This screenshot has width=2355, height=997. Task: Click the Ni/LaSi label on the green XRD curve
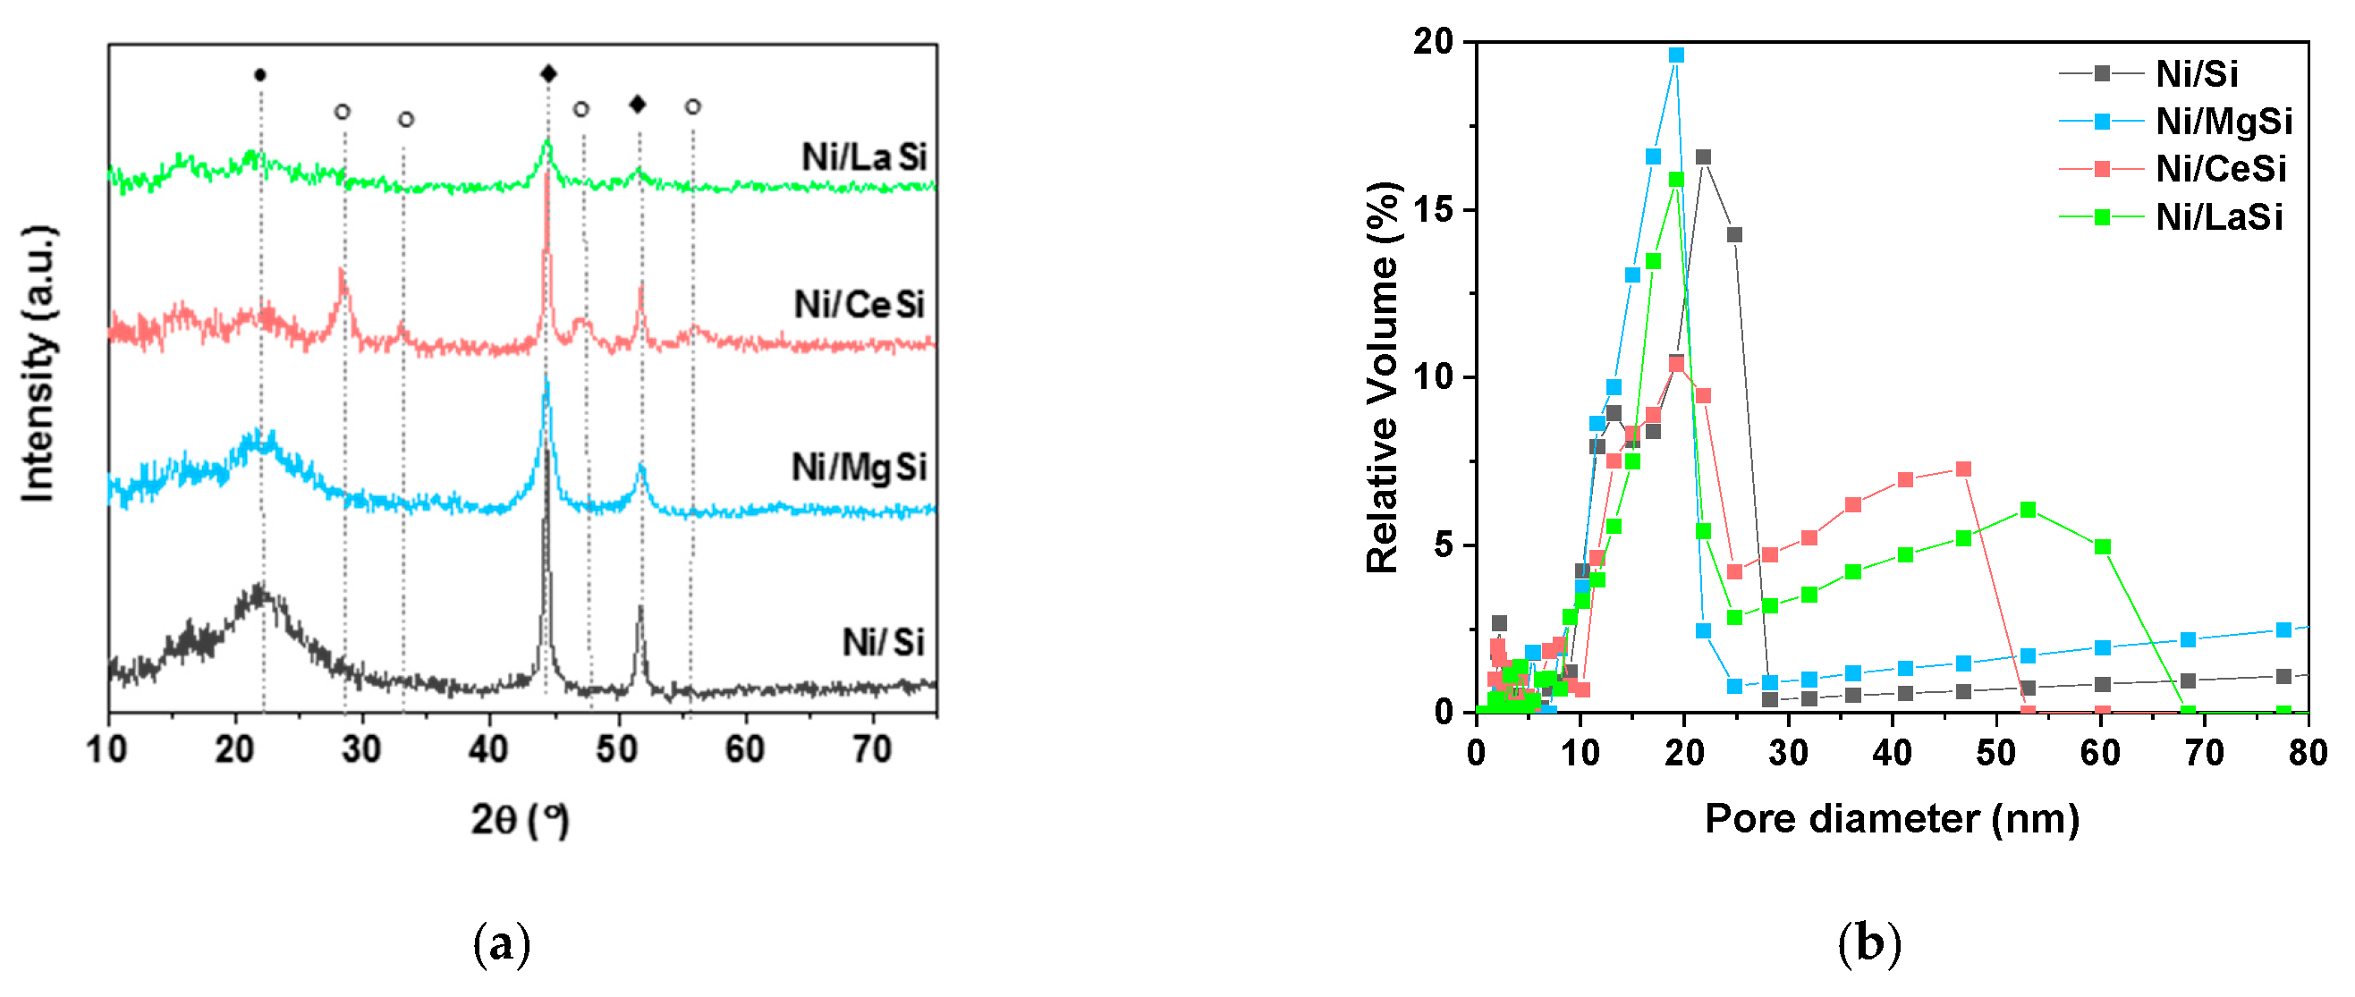click(x=864, y=157)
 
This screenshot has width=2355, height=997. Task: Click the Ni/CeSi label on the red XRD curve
click(x=860, y=304)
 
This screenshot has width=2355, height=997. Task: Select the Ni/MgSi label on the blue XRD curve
click(x=859, y=467)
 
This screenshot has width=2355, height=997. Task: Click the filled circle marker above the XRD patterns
click(x=259, y=75)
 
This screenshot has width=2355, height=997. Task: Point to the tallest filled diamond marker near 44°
click(x=547, y=74)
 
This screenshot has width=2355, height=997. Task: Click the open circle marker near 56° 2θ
click(x=693, y=107)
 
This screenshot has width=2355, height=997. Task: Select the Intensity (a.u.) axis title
click(x=38, y=364)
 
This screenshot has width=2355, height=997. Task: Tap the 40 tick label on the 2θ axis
click(x=488, y=750)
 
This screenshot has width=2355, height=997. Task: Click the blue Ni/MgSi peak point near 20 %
click(x=1676, y=55)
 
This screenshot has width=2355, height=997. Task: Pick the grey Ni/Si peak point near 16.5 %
click(x=1703, y=157)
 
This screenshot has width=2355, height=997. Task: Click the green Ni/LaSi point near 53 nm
click(x=2028, y=510)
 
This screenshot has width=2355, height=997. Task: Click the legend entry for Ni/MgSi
click(x=2223, y=122)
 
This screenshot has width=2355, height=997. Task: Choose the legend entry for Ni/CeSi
click(x=2220, y=169)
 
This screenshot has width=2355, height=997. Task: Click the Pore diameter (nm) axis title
click(x=1892, y=818)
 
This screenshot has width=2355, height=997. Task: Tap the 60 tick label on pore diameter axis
click(x=2100, y=753)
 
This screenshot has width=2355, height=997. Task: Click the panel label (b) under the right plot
click(x=1868, y=943)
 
